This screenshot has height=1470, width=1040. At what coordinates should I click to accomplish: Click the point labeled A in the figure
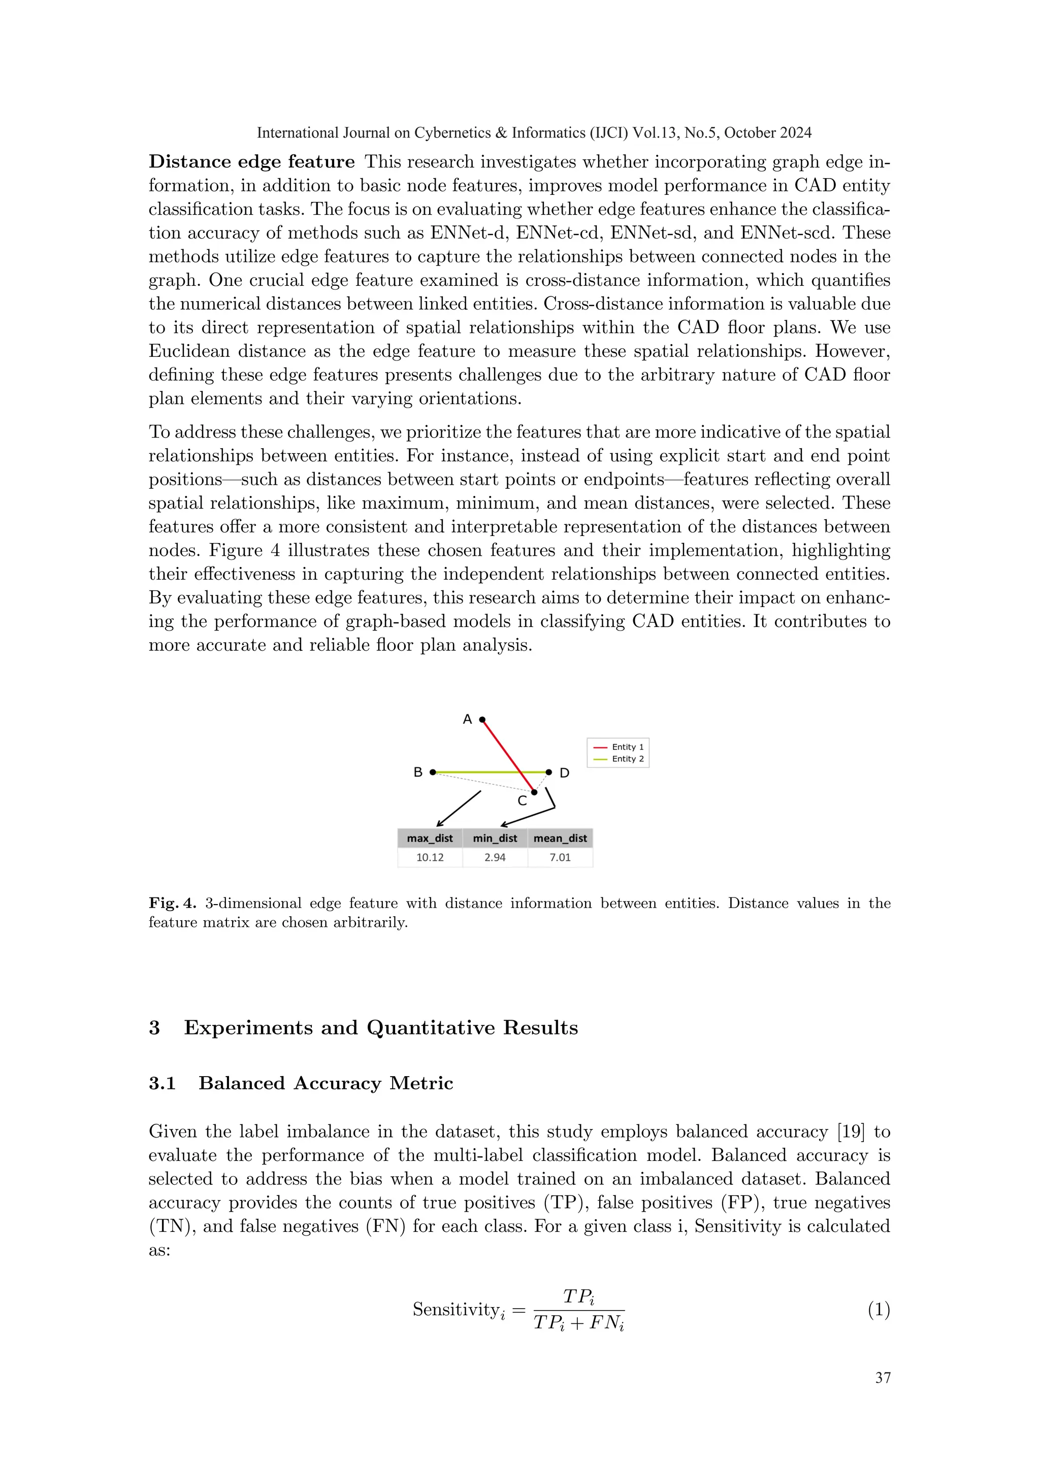click(x=482, y=720)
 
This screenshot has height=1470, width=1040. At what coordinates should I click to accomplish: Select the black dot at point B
click(x=433, y=772)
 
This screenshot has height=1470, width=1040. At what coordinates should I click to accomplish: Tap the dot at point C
click(x=534, y=792)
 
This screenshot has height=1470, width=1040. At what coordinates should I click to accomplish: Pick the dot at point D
click(x=549, y=772)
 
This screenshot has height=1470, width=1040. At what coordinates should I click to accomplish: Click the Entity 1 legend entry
click(x=619, y=747)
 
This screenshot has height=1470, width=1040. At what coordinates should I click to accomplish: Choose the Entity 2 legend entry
click(x=619, y=759)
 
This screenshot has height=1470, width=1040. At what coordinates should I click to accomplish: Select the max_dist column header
click(x=430, y=838)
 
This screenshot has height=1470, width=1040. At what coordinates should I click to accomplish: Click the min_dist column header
click(x=495, y=838)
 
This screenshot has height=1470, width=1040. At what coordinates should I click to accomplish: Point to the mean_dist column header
click(x=560, y=838)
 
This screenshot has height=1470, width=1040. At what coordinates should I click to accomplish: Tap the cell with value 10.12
click(x=430, y=857)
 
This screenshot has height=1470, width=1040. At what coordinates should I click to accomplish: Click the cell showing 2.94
click(x=495, y=857)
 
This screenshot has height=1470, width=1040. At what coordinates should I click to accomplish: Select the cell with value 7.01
click(x=560, y=857)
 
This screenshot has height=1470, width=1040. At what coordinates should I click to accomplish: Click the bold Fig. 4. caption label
click(x=172, y=904)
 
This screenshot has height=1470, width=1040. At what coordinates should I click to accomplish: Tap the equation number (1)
click(x=879, y=1310)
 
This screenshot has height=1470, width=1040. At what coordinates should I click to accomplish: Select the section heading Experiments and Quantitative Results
click(x=380, y=1027)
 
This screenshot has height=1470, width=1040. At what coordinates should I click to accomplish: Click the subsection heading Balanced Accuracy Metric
click(x=326, y=1083)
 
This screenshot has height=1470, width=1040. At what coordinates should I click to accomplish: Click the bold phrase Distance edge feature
click(x=252, y=161)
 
